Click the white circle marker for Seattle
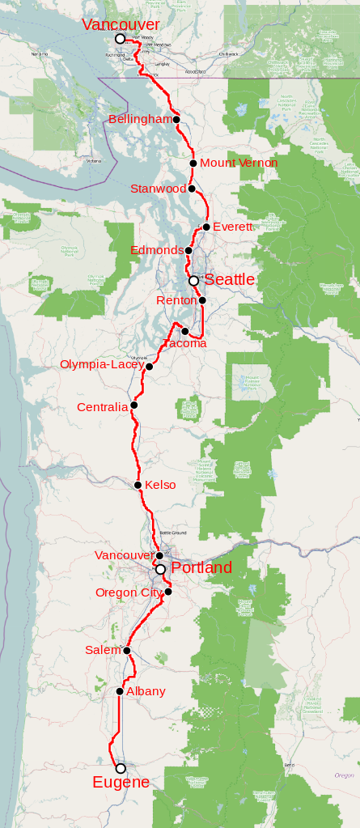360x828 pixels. tap(193, 281)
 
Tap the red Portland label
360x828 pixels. tap(201, 567)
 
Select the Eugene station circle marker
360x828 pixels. tap(121, 768)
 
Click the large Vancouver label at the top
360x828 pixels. tap(121, 25)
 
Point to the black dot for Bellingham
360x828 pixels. tap(176, 120)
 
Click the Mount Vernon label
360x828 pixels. tap(239, 163)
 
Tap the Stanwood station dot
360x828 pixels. tap(192, 189)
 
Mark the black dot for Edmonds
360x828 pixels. tap(189, 250)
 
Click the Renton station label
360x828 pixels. tap(176, 300)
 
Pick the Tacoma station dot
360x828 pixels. tap(185, 331)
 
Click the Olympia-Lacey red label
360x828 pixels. tap(101, 364)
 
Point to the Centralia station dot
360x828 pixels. tap(134, 406)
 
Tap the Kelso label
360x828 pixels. tap(160, 485)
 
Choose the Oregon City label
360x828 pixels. tap(129, 592)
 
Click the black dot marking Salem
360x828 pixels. tap(128, 650)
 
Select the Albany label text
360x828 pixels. tap(146, 691)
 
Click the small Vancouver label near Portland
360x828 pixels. tap(123, 555)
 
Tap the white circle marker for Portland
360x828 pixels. tap(160, 570)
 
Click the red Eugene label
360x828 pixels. tap(121, 782)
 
